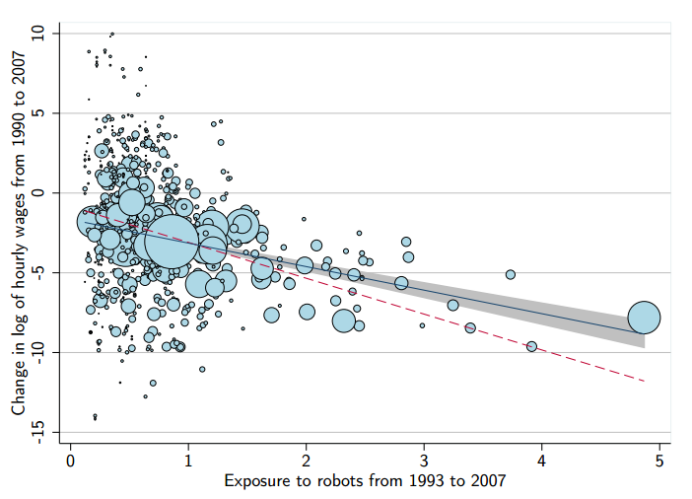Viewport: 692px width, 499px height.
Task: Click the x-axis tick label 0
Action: tap(71, 461)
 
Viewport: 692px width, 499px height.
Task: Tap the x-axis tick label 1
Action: tap(188, 461)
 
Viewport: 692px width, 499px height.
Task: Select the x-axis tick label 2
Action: tap(306, 461)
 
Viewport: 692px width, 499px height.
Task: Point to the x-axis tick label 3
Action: tap(423, 461)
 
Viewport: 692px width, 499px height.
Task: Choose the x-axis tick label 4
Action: tap(540, 461)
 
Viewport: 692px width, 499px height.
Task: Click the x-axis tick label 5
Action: tap(657, 461)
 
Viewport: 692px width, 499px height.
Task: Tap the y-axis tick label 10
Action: tap(38, 33)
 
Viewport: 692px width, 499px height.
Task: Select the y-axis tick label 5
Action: tap(38, 112)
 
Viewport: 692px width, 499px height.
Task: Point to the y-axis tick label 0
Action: tap(38, 192)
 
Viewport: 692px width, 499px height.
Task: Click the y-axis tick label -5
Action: tap(38, 272)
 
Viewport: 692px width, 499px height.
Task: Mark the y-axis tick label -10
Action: tap(38, 352)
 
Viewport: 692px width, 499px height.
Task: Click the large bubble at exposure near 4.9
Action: tap(644, 318)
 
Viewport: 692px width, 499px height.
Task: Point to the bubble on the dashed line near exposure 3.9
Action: tap(531, 346)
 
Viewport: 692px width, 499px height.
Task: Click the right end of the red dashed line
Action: tap(645, 381)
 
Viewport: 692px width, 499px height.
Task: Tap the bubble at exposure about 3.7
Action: tap(511, 275)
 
